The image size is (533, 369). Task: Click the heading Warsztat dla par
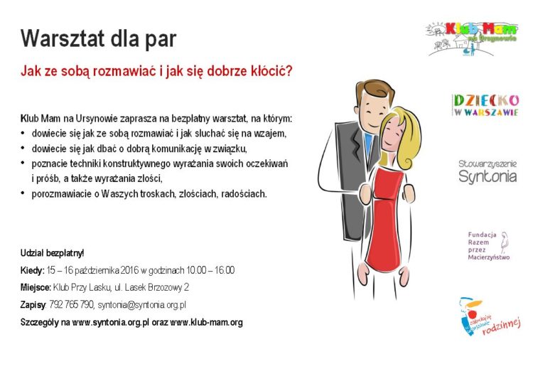tap(98, 38)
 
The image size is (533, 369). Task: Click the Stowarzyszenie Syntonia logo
tap(488, 172)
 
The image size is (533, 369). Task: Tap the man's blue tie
tap(367, 146)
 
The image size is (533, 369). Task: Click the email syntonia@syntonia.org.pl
tap(141, 305)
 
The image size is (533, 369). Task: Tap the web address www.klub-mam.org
tap(206, 322)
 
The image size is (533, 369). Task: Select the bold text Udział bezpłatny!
tap(53, 253)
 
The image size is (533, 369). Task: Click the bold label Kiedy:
tap(32, 270)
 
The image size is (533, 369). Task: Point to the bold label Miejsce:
tap(36, 288)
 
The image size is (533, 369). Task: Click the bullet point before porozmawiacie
tap(23, 193)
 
